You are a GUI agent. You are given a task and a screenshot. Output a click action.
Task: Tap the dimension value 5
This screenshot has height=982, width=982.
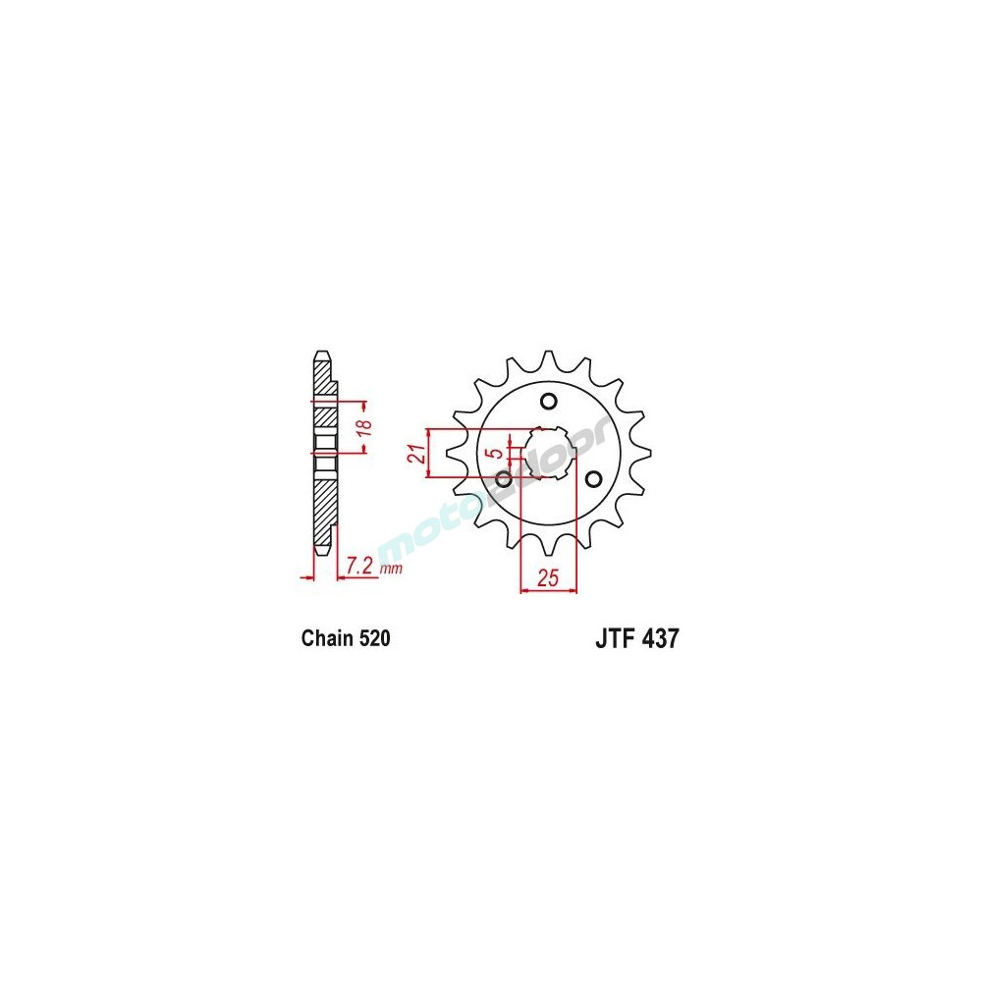499,454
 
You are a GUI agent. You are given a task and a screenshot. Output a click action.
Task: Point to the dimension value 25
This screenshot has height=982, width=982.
547,577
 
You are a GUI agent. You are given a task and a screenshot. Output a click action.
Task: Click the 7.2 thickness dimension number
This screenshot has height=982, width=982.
359,567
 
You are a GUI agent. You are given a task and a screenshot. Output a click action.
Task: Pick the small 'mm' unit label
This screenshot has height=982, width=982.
391,570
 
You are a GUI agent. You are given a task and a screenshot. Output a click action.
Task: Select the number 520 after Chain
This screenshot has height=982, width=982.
375,639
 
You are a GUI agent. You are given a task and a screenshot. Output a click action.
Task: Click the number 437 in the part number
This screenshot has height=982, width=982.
659,639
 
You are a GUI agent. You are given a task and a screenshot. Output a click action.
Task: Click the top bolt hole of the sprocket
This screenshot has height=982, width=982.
548,401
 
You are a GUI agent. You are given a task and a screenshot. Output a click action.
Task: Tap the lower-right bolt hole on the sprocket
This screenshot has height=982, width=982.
592,478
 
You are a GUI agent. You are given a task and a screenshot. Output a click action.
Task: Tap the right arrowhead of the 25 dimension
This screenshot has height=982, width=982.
573,591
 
